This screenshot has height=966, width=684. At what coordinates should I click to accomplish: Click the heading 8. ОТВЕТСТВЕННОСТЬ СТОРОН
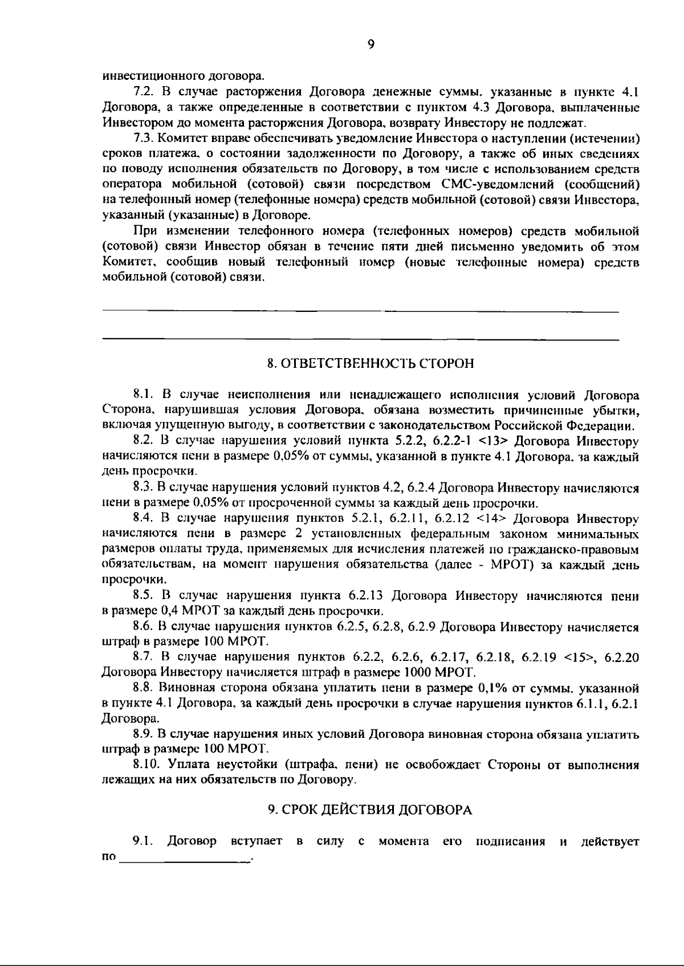(x=371, y=364)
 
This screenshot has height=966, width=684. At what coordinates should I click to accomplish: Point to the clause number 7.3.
(x=143, y=139)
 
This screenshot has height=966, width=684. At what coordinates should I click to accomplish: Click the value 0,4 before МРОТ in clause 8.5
(x=170, y=611)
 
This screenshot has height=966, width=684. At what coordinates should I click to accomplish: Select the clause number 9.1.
(x=143, y=842)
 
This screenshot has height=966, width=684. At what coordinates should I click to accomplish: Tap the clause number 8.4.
(x=143, y=519)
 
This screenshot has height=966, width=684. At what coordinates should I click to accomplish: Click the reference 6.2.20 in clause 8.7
(x=621, y=657)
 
